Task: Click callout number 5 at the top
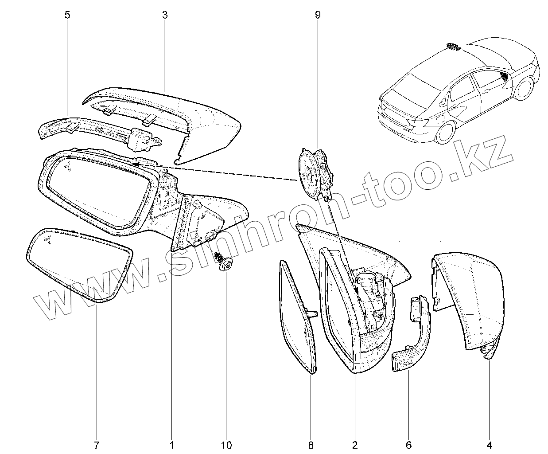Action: [x=67, y=15]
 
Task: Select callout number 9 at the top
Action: [x=317, y=15]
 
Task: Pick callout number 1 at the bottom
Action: [x=171, y=444]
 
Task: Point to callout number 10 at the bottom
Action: [x=226, y=444]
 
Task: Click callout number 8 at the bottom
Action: [x=311, y=444]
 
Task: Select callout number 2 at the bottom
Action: [x=354, y=444]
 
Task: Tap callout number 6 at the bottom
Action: [x=408, y=444]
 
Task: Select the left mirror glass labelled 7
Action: [x=78, y=264]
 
